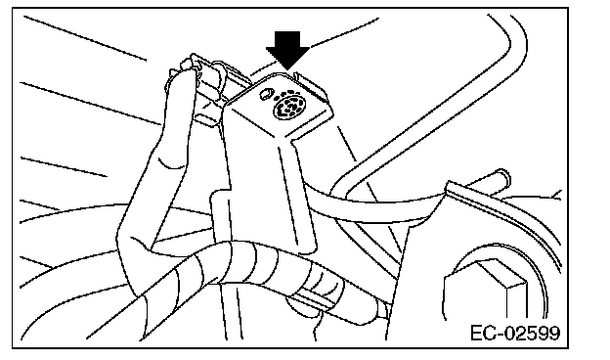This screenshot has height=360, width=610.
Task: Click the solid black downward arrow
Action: (287, 50)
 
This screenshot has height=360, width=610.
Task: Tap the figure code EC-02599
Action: (515, 333)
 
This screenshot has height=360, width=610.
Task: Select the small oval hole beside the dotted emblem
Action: (266, 93)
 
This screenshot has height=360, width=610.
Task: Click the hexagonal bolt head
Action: (486, 289)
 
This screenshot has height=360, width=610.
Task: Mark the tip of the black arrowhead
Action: (287, 70)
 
